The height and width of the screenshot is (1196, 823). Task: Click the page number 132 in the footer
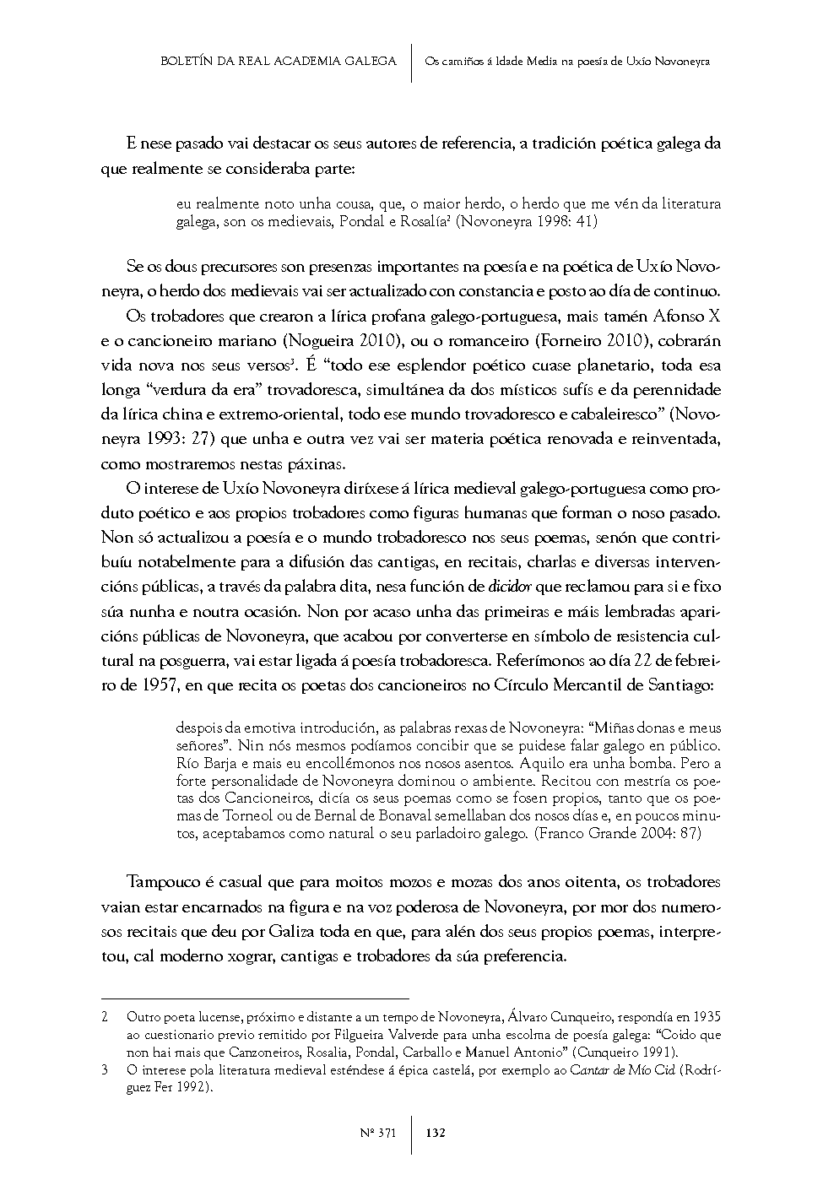pos(436,1133)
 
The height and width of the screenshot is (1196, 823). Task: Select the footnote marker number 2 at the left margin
pos(105,1017)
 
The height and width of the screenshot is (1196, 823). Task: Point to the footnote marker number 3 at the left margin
pos(105,1071)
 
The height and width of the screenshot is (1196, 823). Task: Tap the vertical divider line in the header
pos(411,62)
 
